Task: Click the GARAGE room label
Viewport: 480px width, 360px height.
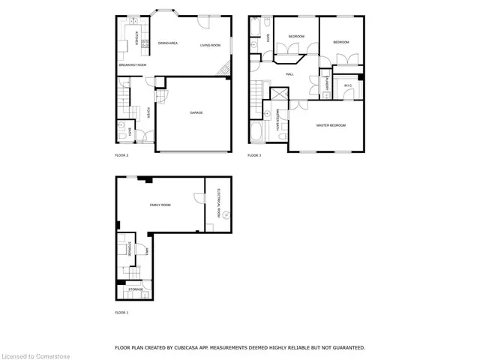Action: (x=196, y=112)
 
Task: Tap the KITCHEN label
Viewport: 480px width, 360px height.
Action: (x=136, y=37)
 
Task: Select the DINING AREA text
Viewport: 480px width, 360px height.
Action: (x=167, y=43)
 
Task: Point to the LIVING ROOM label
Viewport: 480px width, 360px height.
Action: (x=210, y=46)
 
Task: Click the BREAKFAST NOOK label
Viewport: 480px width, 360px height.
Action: (x=132, y=65)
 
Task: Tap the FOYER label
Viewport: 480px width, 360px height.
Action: (x=149, y=112)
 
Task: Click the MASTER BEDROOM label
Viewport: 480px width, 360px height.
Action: (x=331, y=125)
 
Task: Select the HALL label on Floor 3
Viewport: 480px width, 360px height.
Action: (x=289, y=74)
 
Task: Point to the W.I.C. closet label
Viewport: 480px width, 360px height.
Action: (x=348, y=85)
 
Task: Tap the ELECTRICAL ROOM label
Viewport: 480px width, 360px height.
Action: (x=218, y=202)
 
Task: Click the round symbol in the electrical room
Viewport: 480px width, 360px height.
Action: (x=223, y=214)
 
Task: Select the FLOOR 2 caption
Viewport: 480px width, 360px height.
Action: (x=121, y=155)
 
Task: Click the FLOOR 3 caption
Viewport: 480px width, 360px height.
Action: (x=254, y=155)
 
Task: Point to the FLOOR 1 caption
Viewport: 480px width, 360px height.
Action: (x=121, y=311)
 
